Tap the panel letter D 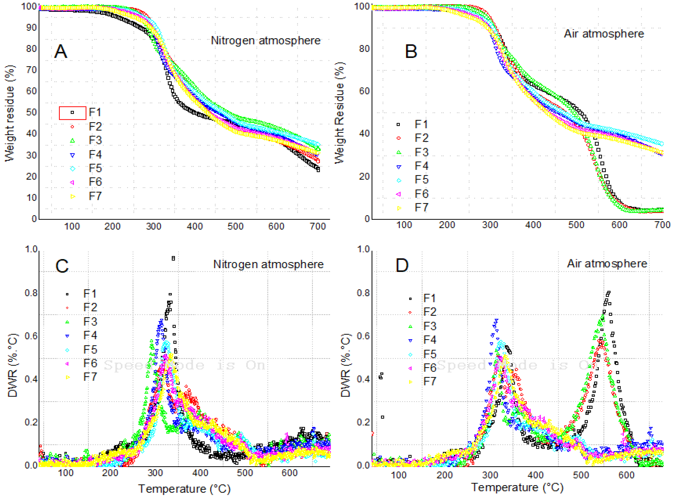402,266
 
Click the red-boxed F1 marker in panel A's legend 72,113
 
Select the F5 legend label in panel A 95,168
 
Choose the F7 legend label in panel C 90,377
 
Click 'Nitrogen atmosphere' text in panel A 266,40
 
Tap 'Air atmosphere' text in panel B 604,34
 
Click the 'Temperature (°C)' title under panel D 517,487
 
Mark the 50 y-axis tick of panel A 31,112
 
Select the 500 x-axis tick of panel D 581,475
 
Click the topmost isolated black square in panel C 173,258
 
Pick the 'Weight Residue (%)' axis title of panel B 340,113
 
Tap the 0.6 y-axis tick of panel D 364,336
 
